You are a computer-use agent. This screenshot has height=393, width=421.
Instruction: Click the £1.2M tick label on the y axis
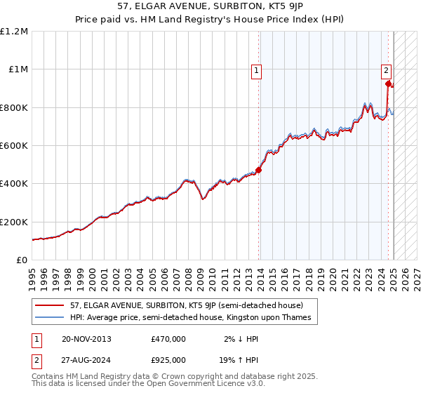[14, 32]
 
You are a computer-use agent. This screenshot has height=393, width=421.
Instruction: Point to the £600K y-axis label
[14, 146]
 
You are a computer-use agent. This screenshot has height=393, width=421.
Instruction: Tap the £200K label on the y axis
[14, 222]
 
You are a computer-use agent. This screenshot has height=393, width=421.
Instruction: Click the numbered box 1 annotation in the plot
[257, 69]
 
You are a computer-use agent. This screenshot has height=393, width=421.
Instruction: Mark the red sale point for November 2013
[258, 170]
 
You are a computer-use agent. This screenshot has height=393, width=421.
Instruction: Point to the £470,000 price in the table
[168, 339]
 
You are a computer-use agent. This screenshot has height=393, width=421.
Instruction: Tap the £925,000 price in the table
[168, 360]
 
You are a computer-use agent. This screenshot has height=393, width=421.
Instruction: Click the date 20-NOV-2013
[86, 339]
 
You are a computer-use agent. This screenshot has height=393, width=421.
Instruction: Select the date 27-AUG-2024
[86, 360]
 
